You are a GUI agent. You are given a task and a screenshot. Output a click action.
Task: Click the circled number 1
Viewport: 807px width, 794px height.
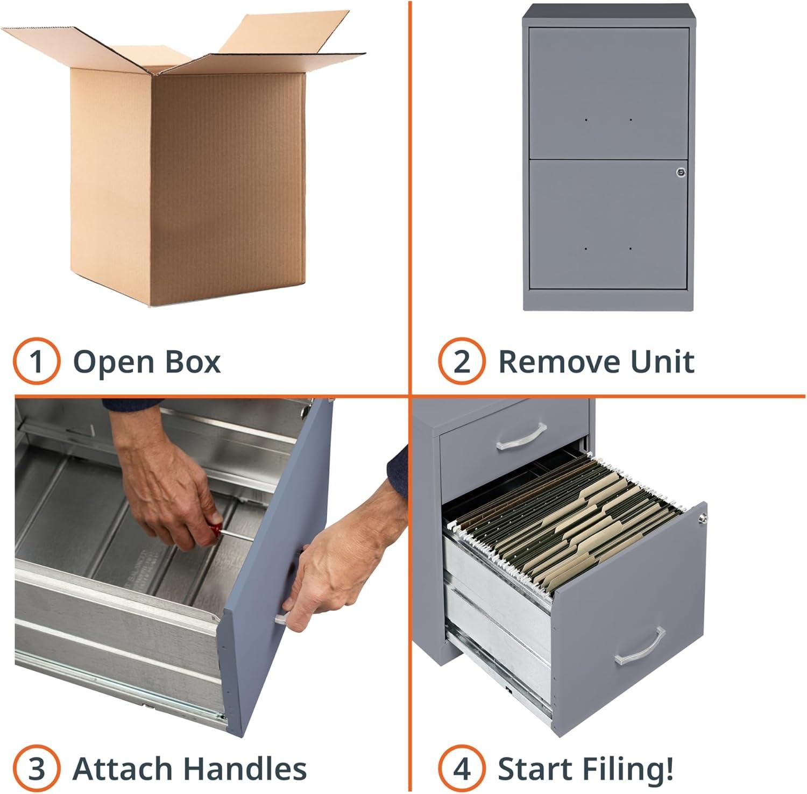click(x=36, y=361)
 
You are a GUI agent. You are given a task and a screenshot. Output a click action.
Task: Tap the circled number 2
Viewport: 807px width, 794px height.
click(x=461, y=361)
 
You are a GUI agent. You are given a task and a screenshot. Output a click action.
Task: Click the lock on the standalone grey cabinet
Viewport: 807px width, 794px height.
click(x=681, y=172)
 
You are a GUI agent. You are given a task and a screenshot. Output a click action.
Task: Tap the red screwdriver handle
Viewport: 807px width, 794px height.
click(x=215, y=530)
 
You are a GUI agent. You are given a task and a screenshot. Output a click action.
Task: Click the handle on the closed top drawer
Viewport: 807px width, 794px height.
click(x=521, y=437)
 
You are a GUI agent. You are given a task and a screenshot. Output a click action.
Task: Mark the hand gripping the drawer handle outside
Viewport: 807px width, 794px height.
click(x=334, y=570)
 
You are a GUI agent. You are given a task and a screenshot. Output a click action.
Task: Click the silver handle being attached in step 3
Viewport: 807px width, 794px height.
click(x=281, y=619)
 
